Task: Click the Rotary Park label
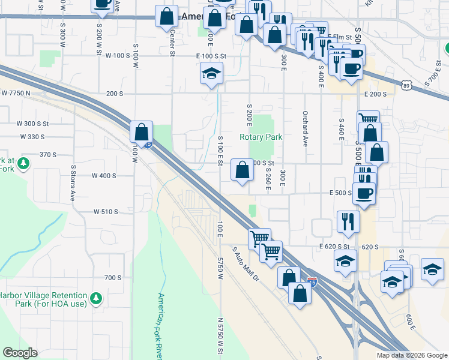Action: pos(261,137)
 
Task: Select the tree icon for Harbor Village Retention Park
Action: pos(95,298)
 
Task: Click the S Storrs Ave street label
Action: pos(73,183)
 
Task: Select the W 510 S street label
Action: pos(106,212)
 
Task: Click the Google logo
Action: pos(20,353)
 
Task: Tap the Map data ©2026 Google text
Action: pos(412,355)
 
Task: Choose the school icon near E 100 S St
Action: pos(211,74)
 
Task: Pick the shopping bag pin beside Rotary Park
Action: pos(242,170)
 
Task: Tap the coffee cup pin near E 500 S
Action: pos(365,193)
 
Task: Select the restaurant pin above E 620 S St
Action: pos(348,221)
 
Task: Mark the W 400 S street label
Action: pos(104,176)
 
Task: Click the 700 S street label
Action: pos(113,278)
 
